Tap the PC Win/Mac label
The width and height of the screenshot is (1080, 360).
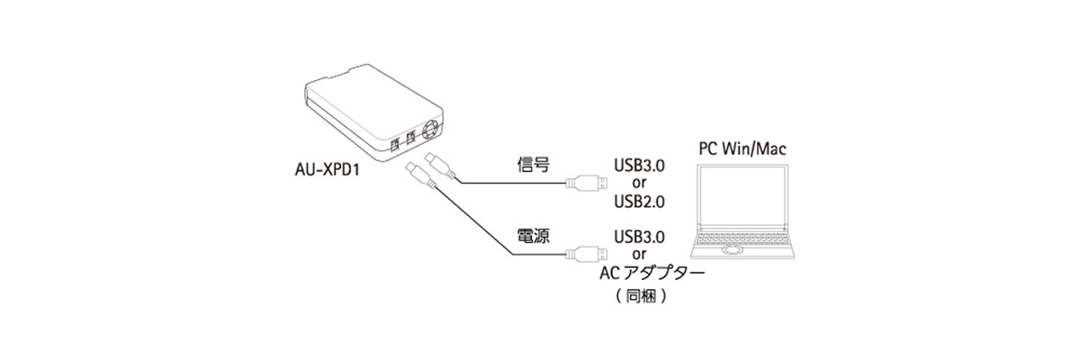742,147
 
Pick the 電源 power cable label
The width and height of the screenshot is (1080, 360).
534,236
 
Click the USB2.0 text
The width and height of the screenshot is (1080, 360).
639,201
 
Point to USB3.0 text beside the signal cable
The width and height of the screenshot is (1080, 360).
639,166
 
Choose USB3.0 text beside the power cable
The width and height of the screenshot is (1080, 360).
639,237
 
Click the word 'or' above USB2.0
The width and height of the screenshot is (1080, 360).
639,183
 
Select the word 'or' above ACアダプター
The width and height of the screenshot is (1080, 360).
639,254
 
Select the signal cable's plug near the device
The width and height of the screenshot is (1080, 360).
435,166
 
